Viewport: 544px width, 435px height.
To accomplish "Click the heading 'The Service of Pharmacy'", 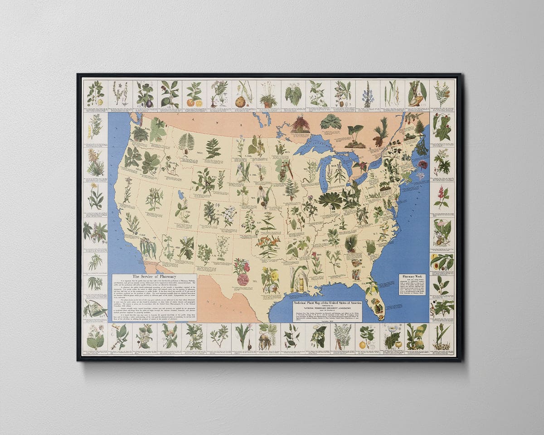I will (154, 276).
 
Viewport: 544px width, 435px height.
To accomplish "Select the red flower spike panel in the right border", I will (442, 196).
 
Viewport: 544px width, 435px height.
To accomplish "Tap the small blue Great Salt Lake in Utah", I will (181, 195).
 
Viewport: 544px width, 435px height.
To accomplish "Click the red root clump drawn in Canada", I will (300, 125).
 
